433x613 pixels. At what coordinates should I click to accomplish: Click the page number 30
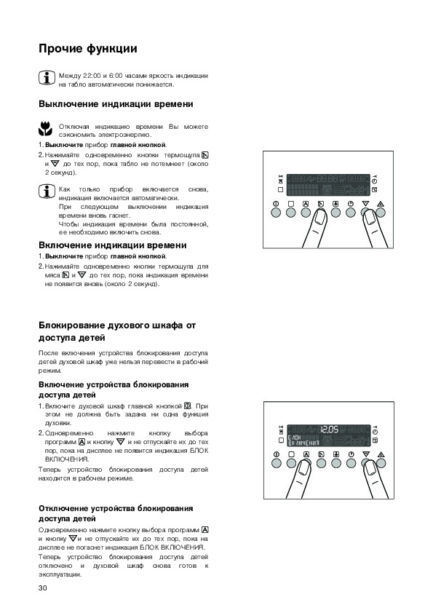coord(43,588)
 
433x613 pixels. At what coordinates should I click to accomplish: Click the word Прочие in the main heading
coord(60,49)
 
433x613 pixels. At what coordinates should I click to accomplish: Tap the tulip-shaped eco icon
coord(45,129)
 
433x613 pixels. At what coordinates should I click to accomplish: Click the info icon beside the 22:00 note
coord(47,78)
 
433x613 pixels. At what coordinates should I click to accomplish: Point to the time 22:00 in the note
coord(92,76)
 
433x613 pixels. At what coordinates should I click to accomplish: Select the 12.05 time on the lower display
coord(330,430)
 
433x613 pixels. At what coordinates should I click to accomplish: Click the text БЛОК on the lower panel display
coord(295,438)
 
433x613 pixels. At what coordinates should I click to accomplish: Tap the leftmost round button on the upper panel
coord(276,213)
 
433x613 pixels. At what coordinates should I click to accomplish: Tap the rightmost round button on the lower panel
coord(381,463)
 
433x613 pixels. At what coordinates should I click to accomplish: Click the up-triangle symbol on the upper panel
coord(381,204)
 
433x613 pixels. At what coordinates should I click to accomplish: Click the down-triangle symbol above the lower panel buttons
coord(366,454)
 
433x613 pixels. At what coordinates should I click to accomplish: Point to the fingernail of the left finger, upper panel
coord(320,217)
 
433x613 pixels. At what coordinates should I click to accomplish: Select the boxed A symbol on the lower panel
coord(306,454)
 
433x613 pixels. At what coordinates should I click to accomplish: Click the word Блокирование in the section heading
coord(72,325)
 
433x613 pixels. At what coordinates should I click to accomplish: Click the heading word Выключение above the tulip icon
coord(68,104)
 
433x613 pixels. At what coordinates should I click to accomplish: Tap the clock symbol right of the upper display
coord(375,181)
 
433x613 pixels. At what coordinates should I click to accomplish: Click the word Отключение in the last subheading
coord(63,509)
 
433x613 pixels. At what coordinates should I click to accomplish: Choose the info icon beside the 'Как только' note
coord(47,191)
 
